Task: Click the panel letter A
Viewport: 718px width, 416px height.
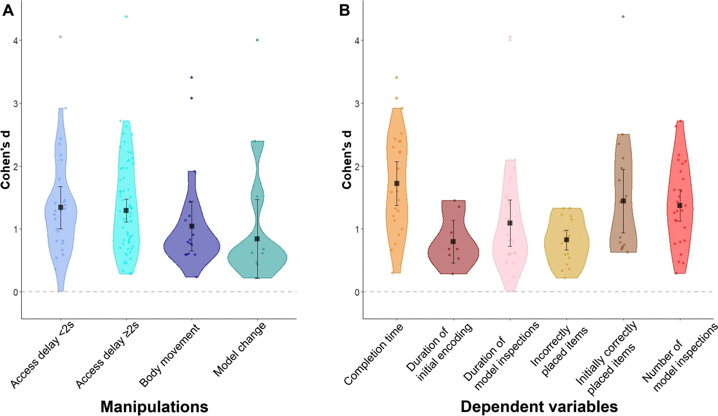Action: coord(8,10)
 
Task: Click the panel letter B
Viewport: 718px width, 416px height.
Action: coord(344,10)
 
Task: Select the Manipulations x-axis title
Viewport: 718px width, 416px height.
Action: coord(154,407)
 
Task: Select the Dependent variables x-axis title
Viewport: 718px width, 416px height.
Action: coord(539,407)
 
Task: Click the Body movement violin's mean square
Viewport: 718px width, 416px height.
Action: coord(192,226)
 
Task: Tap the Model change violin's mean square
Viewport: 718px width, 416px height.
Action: coord(257,239)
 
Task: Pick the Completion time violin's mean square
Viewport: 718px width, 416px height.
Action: coord(397,183)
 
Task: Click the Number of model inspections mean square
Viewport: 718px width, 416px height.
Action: coord(680,205)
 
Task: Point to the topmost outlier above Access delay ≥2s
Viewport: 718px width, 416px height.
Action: coord(126,17)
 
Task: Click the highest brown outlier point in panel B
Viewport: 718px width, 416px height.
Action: coord(623,17)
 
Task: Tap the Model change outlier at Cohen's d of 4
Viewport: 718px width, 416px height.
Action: coord(257,40)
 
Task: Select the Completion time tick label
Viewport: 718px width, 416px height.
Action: coord(374,354)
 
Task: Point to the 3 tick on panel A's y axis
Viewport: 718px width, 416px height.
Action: coord(15,103)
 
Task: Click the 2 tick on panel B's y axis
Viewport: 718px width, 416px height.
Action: coord(357,166)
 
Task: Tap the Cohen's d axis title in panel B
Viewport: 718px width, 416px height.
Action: coord(347,160)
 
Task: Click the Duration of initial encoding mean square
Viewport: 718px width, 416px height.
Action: coord(453,242)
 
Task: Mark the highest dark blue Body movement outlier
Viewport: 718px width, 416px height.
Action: coord(192,77)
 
